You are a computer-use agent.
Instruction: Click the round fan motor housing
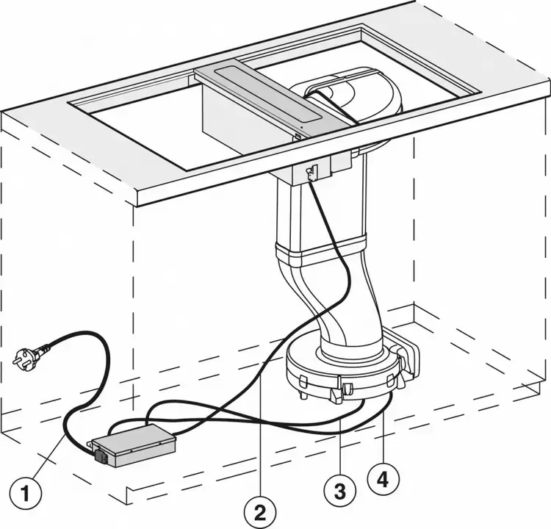click(341, 367)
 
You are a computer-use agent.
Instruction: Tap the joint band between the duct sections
click(322, 253)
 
